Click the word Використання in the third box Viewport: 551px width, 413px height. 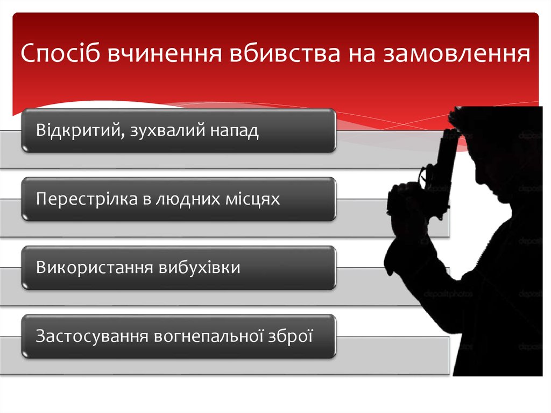(x=94, y=268)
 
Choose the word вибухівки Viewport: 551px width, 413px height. (x=200, y=268)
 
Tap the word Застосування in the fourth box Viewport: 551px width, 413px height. (x=92, y=336)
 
